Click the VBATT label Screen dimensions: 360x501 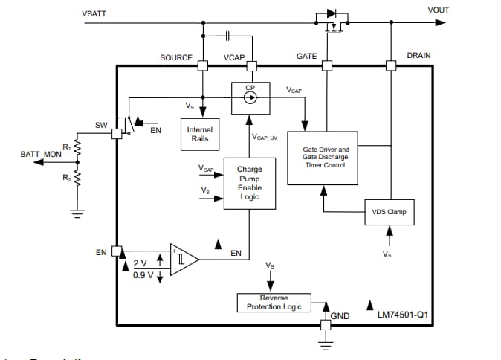94,14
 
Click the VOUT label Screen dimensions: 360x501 439,10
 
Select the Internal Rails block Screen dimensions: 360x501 200,134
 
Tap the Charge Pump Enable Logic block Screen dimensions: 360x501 249,183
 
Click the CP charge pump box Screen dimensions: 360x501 250,98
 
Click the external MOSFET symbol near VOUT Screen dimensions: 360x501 332,23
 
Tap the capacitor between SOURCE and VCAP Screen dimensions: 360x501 227,35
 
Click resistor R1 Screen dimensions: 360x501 75,152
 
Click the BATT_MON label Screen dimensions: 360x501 40,155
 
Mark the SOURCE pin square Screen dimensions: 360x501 202,65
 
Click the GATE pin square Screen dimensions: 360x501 326,65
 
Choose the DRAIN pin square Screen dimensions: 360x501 390,65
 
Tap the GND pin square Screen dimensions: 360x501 325,324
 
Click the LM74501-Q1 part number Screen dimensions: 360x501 402,315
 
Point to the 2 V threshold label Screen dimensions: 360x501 140,263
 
